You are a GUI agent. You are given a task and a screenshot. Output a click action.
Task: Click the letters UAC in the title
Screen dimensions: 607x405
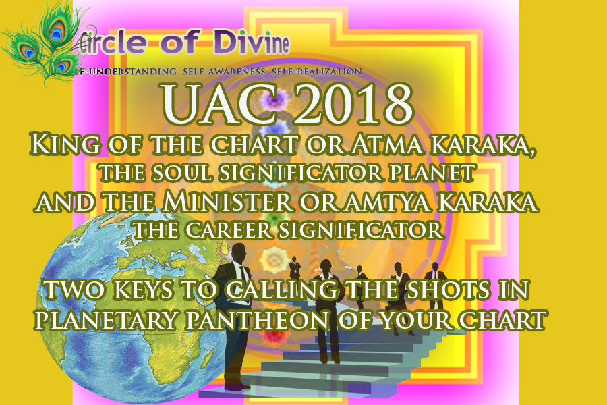[x=219, y=104]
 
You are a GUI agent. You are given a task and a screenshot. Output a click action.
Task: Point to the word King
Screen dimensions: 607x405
[x=65, y=144]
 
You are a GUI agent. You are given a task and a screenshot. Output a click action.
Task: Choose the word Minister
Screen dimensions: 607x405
[x=227, y=202]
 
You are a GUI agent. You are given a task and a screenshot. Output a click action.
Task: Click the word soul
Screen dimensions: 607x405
[x=181, y=173]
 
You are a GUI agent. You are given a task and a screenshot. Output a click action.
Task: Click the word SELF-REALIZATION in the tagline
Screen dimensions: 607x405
[x=317, y=72]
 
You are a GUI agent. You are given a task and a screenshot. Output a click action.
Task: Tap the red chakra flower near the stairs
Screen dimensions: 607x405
[x=275, y=336]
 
